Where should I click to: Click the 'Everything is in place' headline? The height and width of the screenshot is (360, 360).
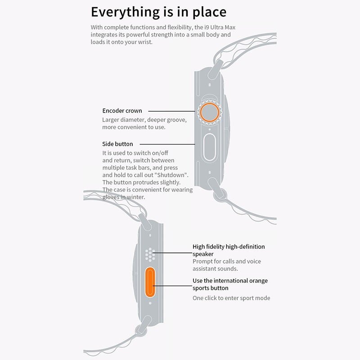pyautogui.click(x=159, y=12)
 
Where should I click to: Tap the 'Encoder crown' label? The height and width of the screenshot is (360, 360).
pyautogui.click(x=122, y=111)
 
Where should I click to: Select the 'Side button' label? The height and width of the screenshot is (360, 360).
pyautogui.click(x=117, y=144)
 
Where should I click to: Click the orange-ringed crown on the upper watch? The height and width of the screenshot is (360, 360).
pyautogui.click(x=209, y=112)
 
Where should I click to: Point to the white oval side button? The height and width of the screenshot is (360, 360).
pyautogui.click(x=209, y=147)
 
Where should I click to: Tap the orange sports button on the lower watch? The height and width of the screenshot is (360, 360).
pyautogui.click(x=150, y=282)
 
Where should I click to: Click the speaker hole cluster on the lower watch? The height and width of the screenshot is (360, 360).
pyautogui.click(x=150, y=255)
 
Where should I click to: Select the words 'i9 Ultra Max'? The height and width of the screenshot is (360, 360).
pyautogui.click(x=220, y=27)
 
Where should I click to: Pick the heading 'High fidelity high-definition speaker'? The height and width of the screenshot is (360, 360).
pyautogui.click(x=229, y=250)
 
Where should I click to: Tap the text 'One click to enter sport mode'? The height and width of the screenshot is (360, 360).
pyautogui.click(x=231, y=298)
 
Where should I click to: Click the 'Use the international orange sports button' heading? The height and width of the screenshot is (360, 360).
pyautogui.click(x=230, y=284)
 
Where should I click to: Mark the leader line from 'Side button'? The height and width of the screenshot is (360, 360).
pyautogui.click(x=167, y=144)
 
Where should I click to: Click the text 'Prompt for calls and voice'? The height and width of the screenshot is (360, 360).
pyautogui.click(x=227, y=261)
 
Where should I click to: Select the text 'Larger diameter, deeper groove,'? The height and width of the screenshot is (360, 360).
pyautogui.click(x=144, y=120)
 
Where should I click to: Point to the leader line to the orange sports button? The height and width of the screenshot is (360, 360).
pyautogui.click(x=172, y=286)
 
